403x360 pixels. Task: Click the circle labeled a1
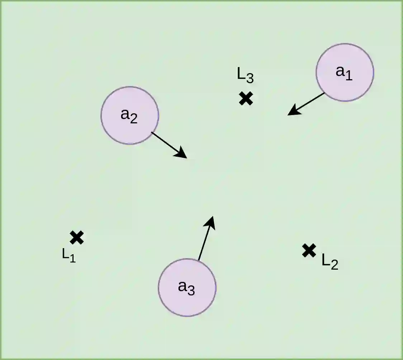[345, 72]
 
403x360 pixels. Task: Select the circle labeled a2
[129, 115]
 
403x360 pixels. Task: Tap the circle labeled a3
[187, 287]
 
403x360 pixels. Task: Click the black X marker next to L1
[77, 237]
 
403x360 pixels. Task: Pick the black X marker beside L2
[309, 250]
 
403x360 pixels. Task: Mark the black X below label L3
[246, 98]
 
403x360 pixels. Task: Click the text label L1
[69, 255]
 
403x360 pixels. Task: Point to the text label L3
[245, 75]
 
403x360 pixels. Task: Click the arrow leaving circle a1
[307, 104]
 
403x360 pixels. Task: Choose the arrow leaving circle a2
[169, 145]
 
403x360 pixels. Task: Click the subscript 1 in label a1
[349, 76]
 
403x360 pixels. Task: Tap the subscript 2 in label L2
[334, 265]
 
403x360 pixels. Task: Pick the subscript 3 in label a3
[191, 291]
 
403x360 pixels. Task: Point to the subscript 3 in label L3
[250, 78]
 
